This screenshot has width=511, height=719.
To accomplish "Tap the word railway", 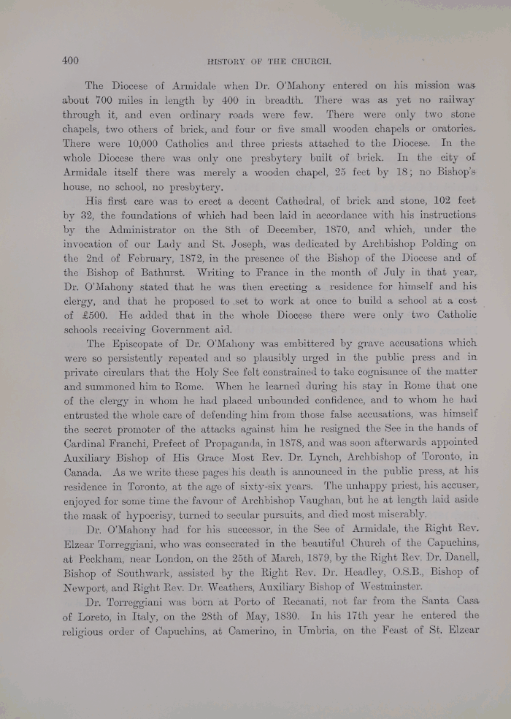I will [x=452, y=100].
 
